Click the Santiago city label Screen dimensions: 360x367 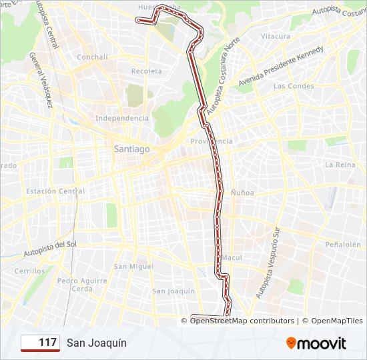pyautogui.click(x=131, y=149)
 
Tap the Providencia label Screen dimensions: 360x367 pyautogui.click(x=211, y=141)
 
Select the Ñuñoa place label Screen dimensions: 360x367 pyautogui.click(x=242, y=192)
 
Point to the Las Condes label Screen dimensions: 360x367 pyautogui.click(x=293, y=86)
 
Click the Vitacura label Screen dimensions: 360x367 pyautogui.click(x=276, y=36)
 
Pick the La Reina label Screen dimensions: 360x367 pyautogui.click(x=339, y=164)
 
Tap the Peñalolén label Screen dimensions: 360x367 pyautogui.click(x=343, y=245)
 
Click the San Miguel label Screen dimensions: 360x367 pyautogui.click(x=133, y=266)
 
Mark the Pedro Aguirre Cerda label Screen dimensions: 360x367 pyautogui.click(x=82, y=285)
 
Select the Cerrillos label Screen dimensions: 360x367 pyautogui.click(x=29, y=271)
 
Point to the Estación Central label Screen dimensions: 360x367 pyautogui.click(x=55, y=191)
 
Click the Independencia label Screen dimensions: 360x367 pyautogui.click(x=122, y=118)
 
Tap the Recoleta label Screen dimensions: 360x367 pyautogui.click(x=146, y=71)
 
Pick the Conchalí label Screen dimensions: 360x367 pyautogui.click(x=92, y=57)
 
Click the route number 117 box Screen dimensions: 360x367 pyautogui.click(x=40, y=343)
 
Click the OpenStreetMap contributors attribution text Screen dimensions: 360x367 pyautogui.click(x=242, y=321)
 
